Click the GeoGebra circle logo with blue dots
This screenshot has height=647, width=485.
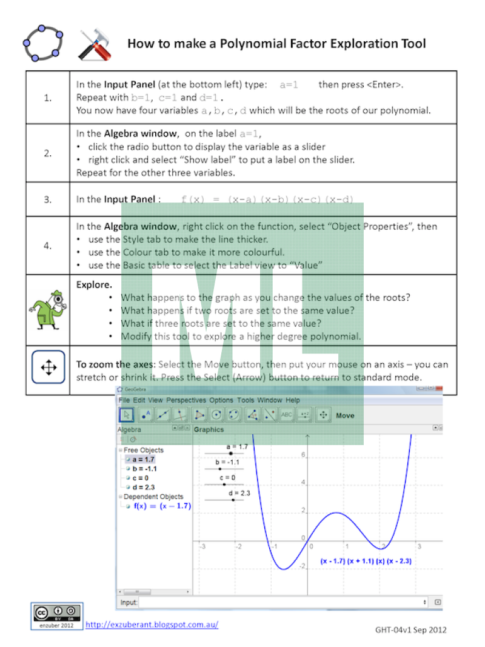pyautogui.click(x=42, y=43)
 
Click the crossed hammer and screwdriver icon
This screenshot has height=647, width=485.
pyautogui.click(x=94, y=44)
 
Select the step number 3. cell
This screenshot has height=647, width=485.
pyautogui.click(x=47, y=199)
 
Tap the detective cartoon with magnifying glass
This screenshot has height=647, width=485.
pyautogui.click(x=47, y=309)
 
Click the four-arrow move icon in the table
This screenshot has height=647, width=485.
pyautogui.click(x=48, y=367)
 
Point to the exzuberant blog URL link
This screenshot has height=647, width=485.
pyautogui.click(x=152, y=624)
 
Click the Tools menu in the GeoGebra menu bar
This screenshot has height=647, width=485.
pyautogui.click(x=246, y=400)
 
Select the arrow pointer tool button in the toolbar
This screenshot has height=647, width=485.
pyautogui.click(x=126, y=415)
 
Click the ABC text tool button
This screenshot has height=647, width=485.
pyautogui.click(x=287, y=415)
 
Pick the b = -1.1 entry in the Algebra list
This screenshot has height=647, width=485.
pyautogui.click(x=144, y=469)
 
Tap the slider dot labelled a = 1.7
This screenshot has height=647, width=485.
pyautogui.click(x=230, y=453)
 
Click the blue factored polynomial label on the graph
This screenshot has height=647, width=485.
pyautogui.click(x=366, y=562)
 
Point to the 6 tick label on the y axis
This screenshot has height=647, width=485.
pyautogui.click(x=303, y=455)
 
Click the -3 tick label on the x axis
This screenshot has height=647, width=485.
pyautogui.click(x=202, y=546)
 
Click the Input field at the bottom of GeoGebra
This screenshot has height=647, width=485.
pyautogui.click(x=283, y=602)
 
